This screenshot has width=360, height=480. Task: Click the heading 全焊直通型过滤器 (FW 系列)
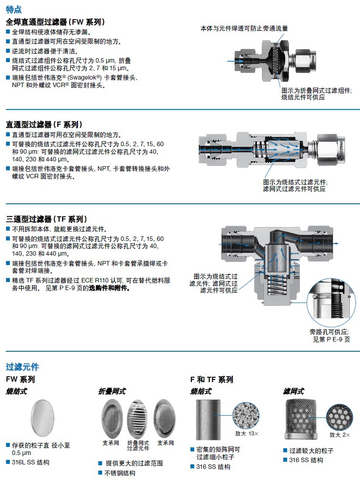[55, 21]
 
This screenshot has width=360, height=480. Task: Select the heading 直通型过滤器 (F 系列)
[44, 124]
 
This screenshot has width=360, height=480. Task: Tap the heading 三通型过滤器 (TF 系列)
[46, 219]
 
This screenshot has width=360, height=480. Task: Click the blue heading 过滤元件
[22, 367]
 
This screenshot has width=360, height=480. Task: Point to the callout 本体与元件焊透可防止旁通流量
[244, 28]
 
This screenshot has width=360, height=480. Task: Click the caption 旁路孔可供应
[330, 332]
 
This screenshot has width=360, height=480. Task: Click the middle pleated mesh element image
[138, 418]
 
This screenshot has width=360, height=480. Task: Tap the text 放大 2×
[339, 434]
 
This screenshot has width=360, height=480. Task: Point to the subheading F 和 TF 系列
[212, 379]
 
